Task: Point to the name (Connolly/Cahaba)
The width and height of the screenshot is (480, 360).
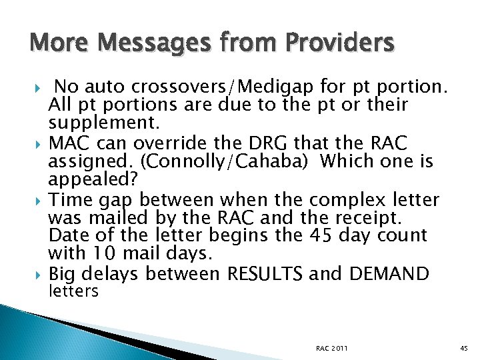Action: coord(211,162)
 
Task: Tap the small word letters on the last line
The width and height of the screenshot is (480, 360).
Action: coord(73,291)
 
